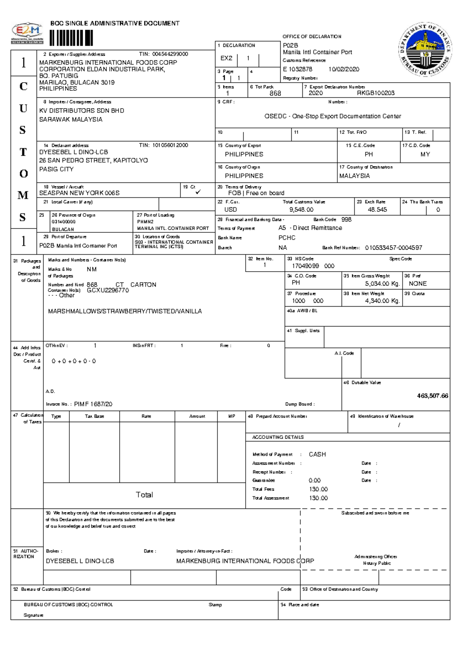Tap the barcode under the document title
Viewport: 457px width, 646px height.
click(x=71, y=38)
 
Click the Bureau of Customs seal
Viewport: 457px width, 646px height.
click(x=425, y=50)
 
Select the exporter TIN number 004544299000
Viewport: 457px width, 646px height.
click(x=170, y=54)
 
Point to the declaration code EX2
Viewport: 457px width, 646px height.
click(x=226, y=58)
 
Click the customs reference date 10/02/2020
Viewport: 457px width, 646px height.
click(x=344, y=69)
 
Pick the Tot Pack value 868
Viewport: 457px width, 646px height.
click(x=275, y=93)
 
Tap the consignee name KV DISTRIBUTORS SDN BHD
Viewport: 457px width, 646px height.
click(x=81, y=110)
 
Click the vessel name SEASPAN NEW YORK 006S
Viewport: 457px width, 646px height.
click(x=79, y=193)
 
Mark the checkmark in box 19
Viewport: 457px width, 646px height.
click(x=198, y=192)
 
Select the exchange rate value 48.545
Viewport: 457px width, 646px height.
click(x=377, y=209)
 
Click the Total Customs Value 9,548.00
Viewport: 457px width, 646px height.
click(x=301, y=209)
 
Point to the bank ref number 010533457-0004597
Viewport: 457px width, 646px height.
click(x=393, y=248)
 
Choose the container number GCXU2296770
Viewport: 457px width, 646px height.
click(x=108, y=290)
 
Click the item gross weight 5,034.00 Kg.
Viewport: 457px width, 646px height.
click(x=382, y=283)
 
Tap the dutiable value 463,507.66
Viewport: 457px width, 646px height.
click(x=432, y=396)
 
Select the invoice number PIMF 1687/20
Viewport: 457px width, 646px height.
click(x=93, y=404)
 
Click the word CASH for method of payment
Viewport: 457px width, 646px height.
click(x=317, y=454)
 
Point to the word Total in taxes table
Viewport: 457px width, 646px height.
click(x=144, y=495)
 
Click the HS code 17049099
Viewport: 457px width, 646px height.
click(x=305, y=266)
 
